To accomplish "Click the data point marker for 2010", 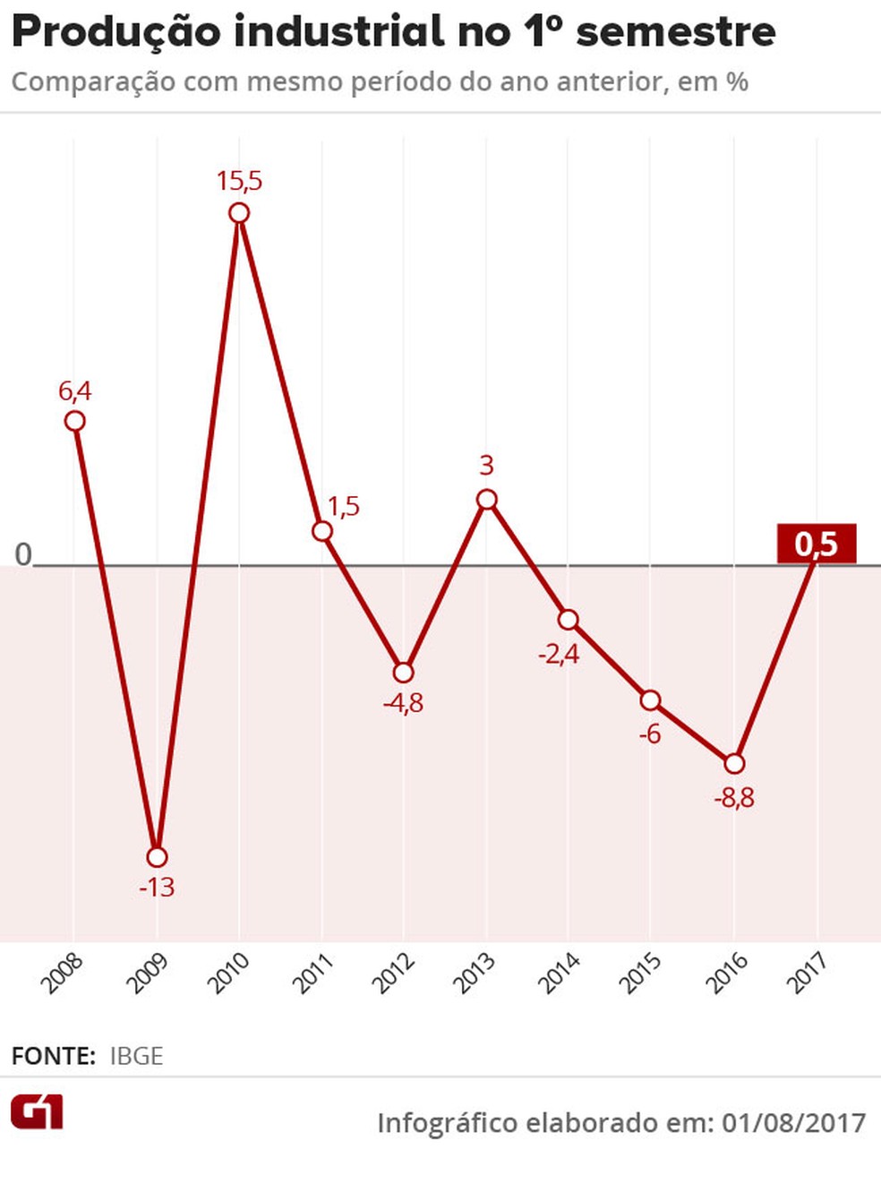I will (239, 213).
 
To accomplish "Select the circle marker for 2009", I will (157, 857).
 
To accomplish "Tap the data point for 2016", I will (734, 763).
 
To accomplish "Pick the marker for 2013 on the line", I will (486, 500).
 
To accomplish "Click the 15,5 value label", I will (239, 181).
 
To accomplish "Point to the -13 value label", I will (157, 888).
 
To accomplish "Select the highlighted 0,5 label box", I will (817, 544).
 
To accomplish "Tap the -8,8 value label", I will (734, 797).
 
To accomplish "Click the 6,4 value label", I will (75, 390).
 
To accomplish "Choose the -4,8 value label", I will (404, 703).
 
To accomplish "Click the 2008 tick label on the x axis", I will (62, 973).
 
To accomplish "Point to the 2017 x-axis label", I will (807, 973).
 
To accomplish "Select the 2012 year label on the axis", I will (393, 973).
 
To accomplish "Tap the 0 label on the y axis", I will (23, 554).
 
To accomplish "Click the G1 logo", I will (37, 1113).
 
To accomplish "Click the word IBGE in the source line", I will (136, 1056).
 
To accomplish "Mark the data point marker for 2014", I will (569, 620).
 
